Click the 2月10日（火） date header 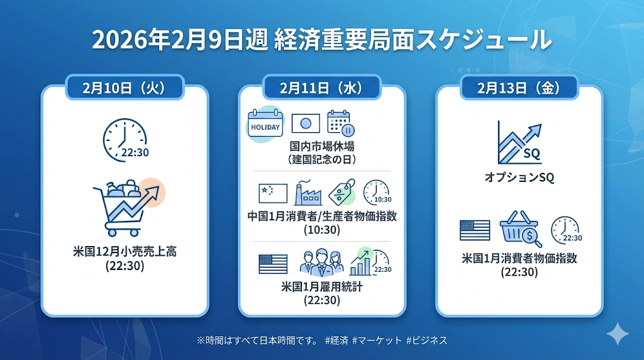[x=125, y=87]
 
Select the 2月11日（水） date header [x=322, y=87]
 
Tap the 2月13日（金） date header [x=519, y=87]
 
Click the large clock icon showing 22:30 [x=125, y=140]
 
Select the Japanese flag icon [x=306, y=123]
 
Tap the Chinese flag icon [x=273, y=194]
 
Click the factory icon [x=308, y=193]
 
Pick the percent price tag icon [x=342, y=192]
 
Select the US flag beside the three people [x=273, y=264]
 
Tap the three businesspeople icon [x=322, y=263]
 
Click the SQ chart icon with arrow [x=519, y=143]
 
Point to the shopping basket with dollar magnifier [x=520, y=228]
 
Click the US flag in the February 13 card [x=475, y=230]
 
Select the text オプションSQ [x=519, y=177]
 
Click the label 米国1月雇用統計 [x=322, y=287]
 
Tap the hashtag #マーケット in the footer [x=377, y=340]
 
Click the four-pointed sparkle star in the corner [x=618, y=334]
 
